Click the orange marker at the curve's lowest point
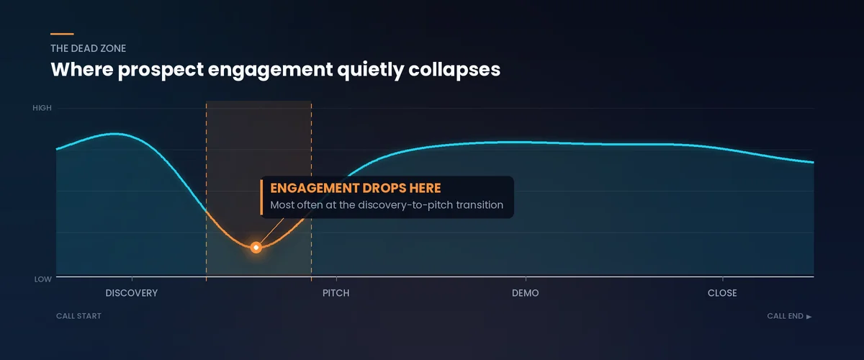(x=256, y=247)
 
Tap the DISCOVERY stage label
(x=131, y=294)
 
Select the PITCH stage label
(x=336, y=294)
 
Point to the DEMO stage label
(x=525, y=294)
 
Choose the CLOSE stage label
(x=722, y=294)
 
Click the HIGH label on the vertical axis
(x=42, y=108)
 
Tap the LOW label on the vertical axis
(x=43, y=279)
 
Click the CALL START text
(x=78, y=316)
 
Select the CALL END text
(x=785, y=316)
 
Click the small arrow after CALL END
(x=809, y=316)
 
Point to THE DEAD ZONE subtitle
(x=89, y=49)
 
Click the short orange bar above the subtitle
(x=62, y=34)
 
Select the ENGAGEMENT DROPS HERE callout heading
(x=355, y=188)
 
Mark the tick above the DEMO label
(x=526, y=279)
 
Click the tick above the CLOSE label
(x=722, y=279)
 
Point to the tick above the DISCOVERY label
(x=132, y=279)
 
